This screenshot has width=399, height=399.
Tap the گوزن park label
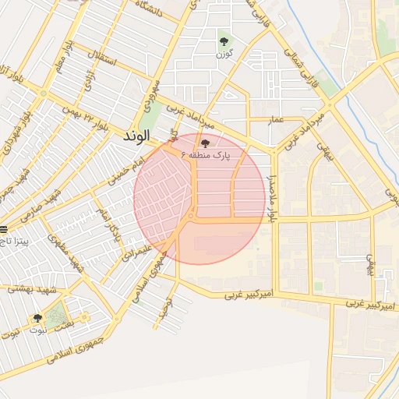(226, 55)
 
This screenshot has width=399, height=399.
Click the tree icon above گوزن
(224, 41)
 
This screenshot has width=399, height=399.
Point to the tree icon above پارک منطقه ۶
(205, 143)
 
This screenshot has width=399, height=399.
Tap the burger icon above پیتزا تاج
(4, 229)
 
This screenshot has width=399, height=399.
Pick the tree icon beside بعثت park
(37, 318)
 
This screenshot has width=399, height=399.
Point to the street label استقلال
(104, 56)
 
